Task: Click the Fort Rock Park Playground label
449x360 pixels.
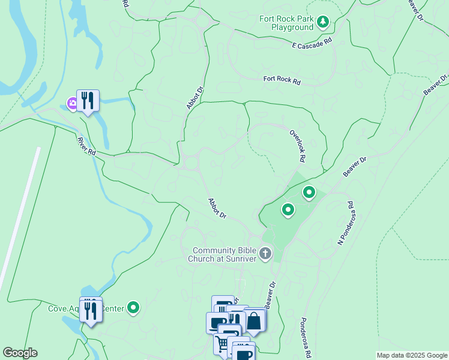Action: coord(286,23)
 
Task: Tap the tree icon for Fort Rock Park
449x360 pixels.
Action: coord(324,22)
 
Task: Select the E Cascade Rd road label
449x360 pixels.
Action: coord(312,45)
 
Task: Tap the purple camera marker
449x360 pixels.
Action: coord(73,103)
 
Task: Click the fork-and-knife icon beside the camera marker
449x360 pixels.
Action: coord(88,100)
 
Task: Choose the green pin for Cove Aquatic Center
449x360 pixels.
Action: coord(133,308)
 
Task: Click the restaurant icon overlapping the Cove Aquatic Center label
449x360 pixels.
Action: coord(91,311)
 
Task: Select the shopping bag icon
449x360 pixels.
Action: coord(254,321)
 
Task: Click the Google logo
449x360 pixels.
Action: coord(20,353)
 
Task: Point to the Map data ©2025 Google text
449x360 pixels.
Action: coord(412,355)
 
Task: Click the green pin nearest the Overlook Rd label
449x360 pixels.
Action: coord(309,193)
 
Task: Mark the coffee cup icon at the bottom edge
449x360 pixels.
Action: coord(244,353)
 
